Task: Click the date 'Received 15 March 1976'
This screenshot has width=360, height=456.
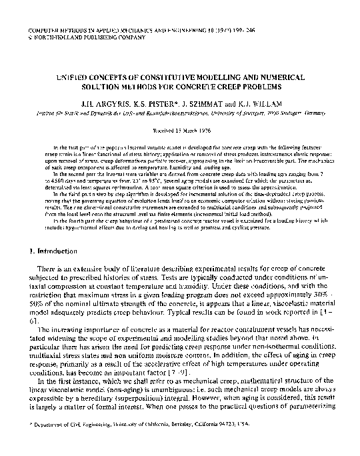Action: [x=180, y=131]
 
